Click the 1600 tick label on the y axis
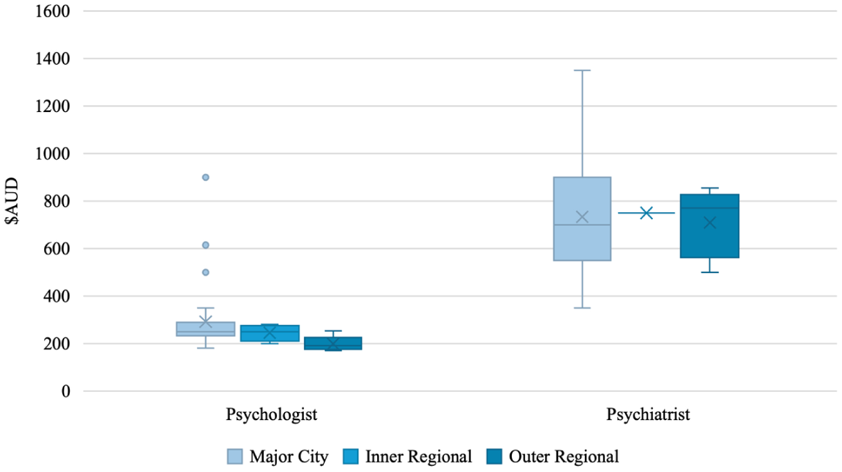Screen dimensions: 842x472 click(x=52, y=11)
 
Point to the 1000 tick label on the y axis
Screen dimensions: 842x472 click(x=52, y=154)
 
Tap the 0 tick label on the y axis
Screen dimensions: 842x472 click(x=66, y=392)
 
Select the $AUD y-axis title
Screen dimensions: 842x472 click(x=12, y=201)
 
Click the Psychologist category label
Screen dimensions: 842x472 click(x=271, y=415)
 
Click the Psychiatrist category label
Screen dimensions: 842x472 click(x=648, y=415)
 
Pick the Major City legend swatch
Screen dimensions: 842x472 click(x=235, y=457)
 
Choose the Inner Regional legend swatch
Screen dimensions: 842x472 click(x=351, y=457)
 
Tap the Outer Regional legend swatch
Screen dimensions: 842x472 click(x=495, y=457)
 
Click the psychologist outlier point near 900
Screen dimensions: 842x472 click(x=206, y=178)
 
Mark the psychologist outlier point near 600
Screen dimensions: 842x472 click(x=206, y=245)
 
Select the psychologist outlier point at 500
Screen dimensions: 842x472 click(x=206, y=272)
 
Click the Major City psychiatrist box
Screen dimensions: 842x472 click(x=582, y=219)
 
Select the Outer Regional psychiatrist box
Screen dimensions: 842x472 click(x=709, y=226)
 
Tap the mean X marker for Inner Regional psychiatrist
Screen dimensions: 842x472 click(x=646, y=213)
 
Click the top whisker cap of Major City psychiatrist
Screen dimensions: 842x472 click(x=582, y=70)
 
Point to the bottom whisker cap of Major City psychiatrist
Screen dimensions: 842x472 click(x=582, y=308)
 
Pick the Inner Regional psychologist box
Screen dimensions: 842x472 click(x=270, y=333)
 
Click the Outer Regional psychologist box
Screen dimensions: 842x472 click(x=333, y=343)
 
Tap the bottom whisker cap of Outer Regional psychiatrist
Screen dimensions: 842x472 click(x=709, y=272)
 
